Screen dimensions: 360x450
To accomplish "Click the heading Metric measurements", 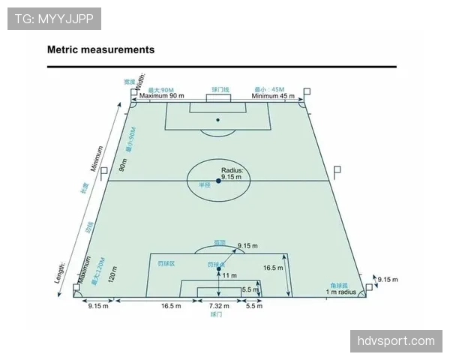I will tap(100, 50).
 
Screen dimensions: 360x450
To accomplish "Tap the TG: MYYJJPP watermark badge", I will tap(54, 18).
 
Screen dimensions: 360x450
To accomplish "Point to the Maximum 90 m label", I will tap(161, 96).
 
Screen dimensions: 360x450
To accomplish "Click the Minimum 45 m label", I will tap(274, 96).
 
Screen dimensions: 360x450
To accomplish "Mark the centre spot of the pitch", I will tap(218, 181).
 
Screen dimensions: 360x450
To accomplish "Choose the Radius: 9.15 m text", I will tap(232, 174).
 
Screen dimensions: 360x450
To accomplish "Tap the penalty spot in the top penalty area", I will tap(218, 119).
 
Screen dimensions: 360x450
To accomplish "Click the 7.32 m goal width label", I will tap(218, 306).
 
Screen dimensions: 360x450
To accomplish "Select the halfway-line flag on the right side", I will tap(337, 171).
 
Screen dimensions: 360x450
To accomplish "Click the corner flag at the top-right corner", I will tap(306, 92).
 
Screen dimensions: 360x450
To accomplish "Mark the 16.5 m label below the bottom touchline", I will tap(172, 306).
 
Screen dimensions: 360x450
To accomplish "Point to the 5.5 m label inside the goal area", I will tap(250, 289).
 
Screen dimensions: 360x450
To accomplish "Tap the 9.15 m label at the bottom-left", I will tap(98, 306).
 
